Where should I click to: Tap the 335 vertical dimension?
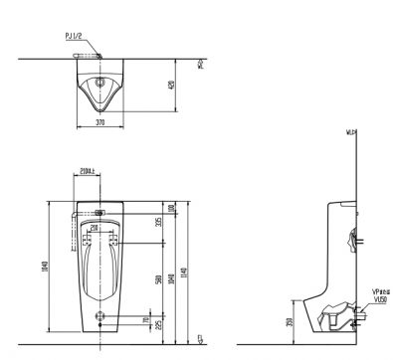coord(157,221)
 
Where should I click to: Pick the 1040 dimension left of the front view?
coord(42,269)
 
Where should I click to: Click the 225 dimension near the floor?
coord(157,324)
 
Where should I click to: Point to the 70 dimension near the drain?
coord(148,320)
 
